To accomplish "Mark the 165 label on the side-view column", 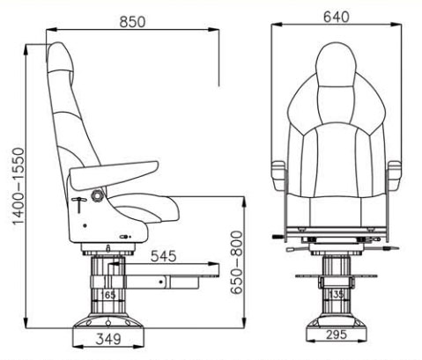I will click(x=107, y=295).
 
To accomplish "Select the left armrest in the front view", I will click(x=278, y=173).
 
